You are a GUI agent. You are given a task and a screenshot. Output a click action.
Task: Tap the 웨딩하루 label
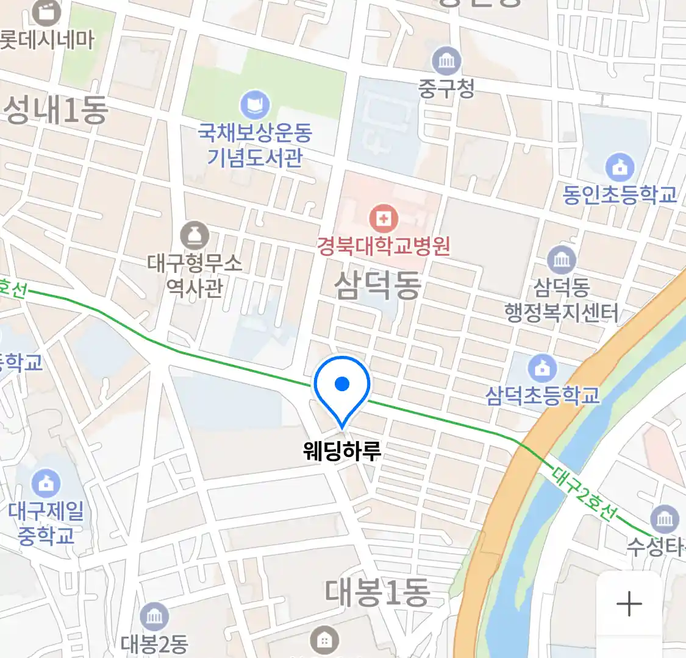[x=342, y=451]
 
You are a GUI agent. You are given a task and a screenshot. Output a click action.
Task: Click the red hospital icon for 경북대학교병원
[x=384, y=218]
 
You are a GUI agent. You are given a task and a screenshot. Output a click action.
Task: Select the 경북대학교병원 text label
[x=384, y=246]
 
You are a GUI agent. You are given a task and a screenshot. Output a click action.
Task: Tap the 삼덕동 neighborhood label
[x=377, y=285]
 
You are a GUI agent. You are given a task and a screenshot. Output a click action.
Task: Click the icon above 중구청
[x=447, y=61]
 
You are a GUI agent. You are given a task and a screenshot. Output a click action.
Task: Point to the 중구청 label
[x=446, y=89]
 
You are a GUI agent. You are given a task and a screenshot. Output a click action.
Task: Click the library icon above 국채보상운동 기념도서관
[x=255, y=105]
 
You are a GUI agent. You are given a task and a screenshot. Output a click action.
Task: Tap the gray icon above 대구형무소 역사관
[x=195, y=236]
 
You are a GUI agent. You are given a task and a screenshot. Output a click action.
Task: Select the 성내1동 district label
[x=56, y=110]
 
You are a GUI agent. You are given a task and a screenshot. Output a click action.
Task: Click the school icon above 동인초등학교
[x=620, y=168]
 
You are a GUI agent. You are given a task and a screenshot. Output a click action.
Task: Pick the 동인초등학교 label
[x=620, y=195]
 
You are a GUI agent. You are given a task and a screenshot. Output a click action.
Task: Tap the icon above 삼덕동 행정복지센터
[x=561, y=260]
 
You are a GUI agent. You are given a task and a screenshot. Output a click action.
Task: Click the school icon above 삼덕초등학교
[x=542, y=368]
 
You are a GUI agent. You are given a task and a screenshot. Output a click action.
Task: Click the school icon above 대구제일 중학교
[x=46, y=483]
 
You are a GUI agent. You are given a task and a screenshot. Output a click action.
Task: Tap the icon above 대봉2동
[x=154, y=617]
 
